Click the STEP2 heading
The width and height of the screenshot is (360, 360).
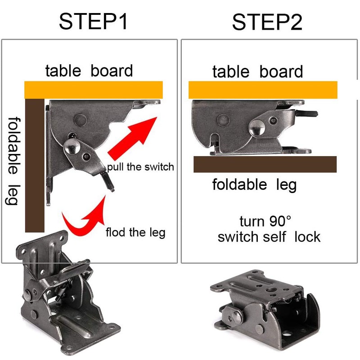pos(267,22)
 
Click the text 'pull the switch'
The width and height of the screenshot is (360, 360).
pos(140,167)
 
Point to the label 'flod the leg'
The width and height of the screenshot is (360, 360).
pos(135,233)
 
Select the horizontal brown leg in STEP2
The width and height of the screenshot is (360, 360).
pos(265,164)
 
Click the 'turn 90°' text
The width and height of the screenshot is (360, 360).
pos(265,221)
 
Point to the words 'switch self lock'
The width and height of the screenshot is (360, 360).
pos(269,237)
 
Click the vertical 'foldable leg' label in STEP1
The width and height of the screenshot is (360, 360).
pos(13,160)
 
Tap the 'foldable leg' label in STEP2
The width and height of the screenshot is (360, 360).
pos(254,184)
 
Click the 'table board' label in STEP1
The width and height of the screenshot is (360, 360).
pos(89,71)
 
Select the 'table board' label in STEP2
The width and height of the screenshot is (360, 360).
pos(257,72)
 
